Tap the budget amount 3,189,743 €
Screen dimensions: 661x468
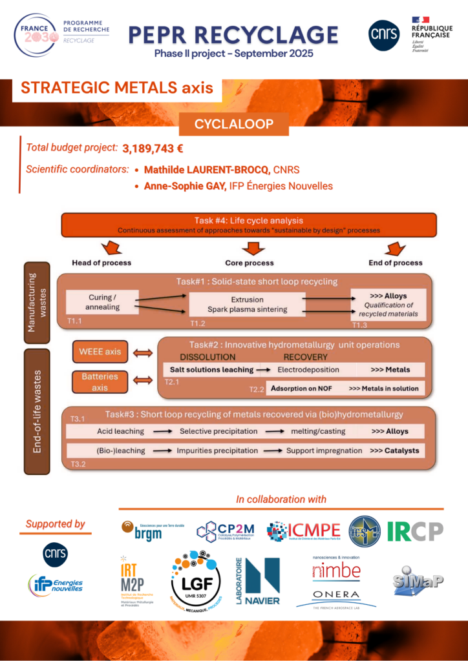pos(153,148)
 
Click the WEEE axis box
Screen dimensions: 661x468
pos(100,352)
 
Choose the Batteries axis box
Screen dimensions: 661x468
pos(100,381)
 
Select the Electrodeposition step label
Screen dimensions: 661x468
pos(308,370)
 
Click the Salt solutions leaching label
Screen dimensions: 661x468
pos(211,370)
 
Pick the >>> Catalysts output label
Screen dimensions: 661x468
pos(394,450)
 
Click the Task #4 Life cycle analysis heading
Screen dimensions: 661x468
pos(248,221)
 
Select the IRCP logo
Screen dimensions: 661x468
pos(416,531)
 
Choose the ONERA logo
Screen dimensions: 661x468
pos(336,597)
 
